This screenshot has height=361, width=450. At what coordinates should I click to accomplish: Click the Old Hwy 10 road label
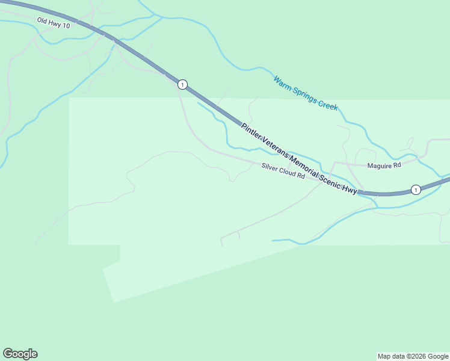click(x=54, y=23)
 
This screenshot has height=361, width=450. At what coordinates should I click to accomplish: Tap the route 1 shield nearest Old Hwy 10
click(x=182, y=84)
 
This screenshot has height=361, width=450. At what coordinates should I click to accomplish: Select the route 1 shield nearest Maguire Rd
click(x=415, y=190)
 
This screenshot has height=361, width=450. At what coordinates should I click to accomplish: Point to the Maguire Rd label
click(x=384, y=165)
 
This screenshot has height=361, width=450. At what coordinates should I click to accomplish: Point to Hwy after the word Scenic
click(x=350, y=190)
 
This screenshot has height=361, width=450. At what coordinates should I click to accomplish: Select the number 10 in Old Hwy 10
click(x=66, y=26)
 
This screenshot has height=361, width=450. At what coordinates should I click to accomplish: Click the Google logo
click(x=20, y=354)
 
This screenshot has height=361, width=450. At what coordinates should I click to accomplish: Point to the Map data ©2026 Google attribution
click(x=413, y=356)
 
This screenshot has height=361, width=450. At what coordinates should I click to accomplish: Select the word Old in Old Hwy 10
click(x=42, y=20)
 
